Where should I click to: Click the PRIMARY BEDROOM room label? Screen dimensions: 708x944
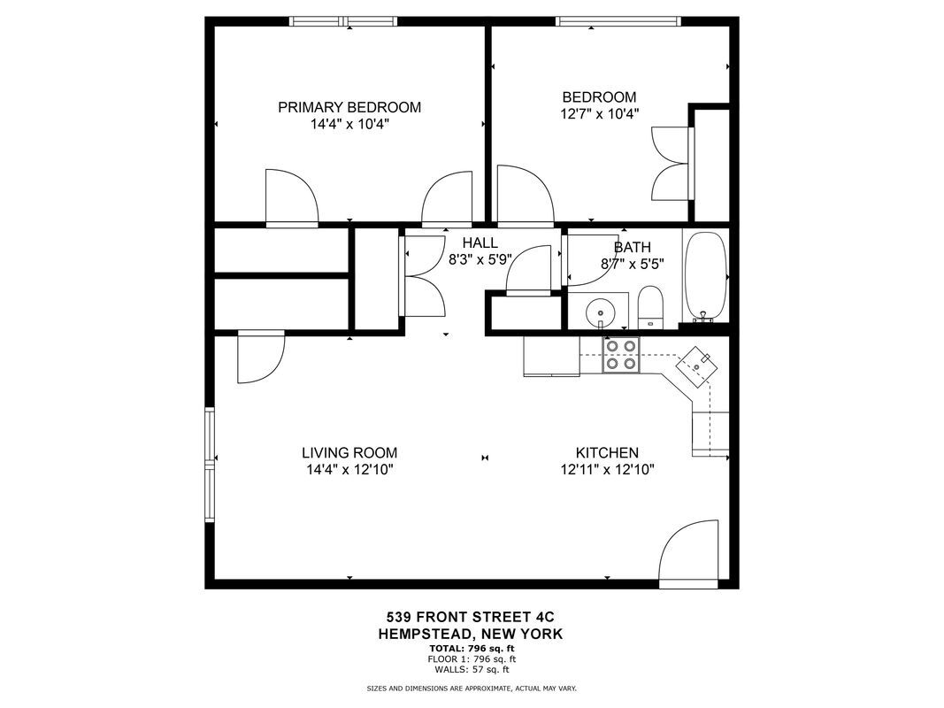[349, 107]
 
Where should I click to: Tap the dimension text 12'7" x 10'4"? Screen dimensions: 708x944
[599, 113]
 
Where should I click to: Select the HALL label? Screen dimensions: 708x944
[480, 242]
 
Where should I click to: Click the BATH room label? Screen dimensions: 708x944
[632, 247]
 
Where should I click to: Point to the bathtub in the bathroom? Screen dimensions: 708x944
[705, 276]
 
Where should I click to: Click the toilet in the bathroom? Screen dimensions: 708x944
[650, 307]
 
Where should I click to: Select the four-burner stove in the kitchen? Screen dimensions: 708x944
[620, 354]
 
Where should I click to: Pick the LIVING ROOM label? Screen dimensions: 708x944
[349, 452]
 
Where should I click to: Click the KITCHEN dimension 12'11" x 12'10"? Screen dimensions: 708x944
[608, 470]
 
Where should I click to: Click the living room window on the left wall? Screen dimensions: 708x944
[211, 464]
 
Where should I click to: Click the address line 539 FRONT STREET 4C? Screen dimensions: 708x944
[470, 617]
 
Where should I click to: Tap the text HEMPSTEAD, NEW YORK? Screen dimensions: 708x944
[470, 634]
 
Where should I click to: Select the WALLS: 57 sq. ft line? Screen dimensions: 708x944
[470, 669]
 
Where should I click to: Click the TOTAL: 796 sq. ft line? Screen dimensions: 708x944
[470, 649]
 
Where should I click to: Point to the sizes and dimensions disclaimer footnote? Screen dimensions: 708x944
[472, 688]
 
